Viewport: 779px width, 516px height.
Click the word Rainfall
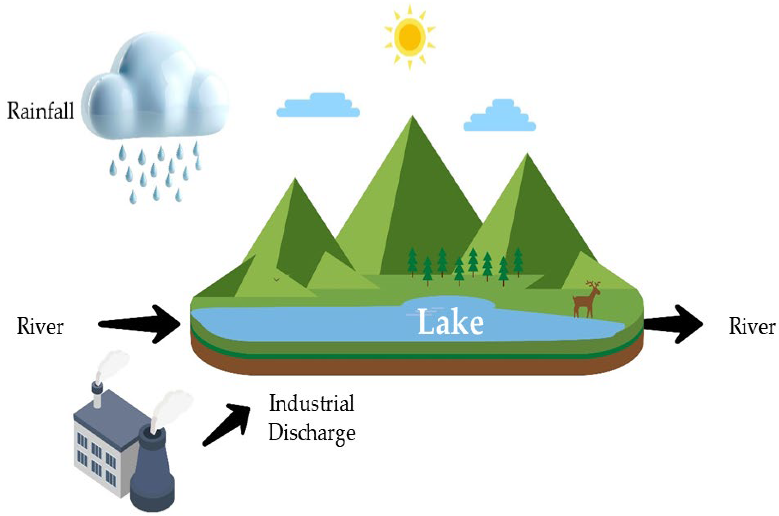40,111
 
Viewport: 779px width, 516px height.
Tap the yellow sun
410,37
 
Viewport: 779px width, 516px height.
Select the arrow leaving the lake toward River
673,324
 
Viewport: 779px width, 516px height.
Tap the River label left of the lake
40,327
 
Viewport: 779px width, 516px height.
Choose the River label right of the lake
752,327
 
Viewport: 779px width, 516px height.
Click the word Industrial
312,403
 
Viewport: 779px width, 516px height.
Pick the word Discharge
312,433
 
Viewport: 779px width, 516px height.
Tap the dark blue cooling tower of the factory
152,474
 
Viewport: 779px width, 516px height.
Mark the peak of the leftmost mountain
295,180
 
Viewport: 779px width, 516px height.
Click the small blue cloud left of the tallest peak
318,105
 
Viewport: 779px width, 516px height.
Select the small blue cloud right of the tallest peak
500,116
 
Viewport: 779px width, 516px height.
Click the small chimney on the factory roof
98,395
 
